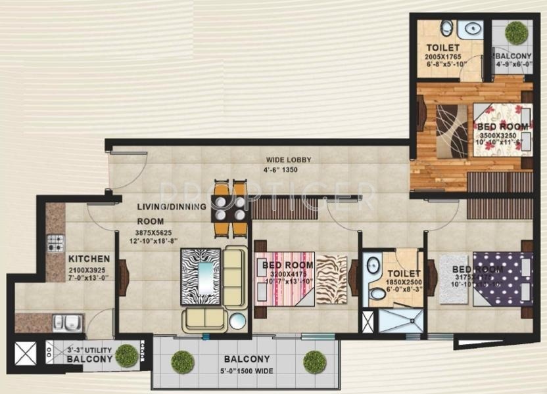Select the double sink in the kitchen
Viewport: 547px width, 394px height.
point(67,322)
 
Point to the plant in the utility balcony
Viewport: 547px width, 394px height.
point(126,355)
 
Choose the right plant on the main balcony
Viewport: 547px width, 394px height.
point(315,361)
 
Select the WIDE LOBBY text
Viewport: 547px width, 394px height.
point(288,160)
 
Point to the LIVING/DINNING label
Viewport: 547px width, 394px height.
point(172,207)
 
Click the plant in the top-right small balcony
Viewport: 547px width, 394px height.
point(516,32)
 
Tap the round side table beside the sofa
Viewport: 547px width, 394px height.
point(237,320)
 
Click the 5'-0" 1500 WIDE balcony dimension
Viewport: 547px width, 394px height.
point(246,371)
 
